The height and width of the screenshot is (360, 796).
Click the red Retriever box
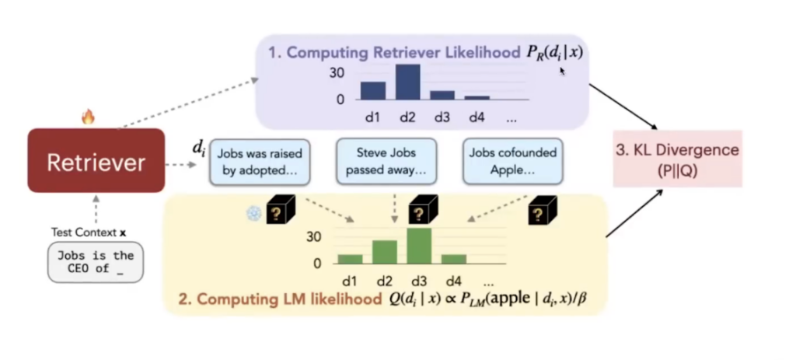pos(96,161)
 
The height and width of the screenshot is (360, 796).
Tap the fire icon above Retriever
pos(88,117)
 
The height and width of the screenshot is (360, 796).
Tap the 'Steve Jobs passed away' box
pos(386,162)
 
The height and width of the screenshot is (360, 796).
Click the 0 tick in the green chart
pos(316,263)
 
